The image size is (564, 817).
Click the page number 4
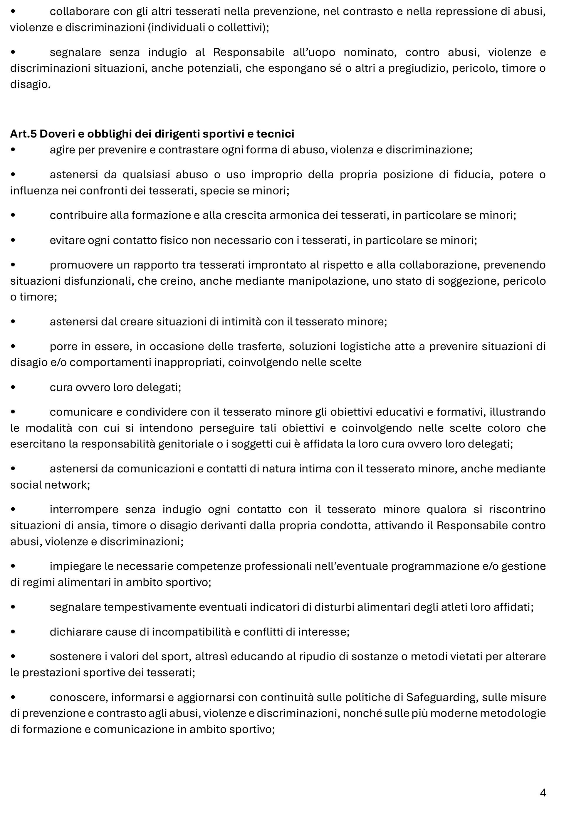pyautogui.click(x=543, y=793)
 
